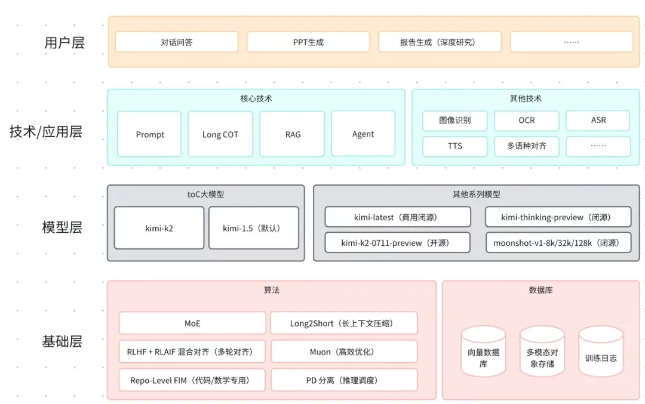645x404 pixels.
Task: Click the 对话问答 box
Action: pos(176,42)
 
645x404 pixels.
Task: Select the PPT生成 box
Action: pos(308,42)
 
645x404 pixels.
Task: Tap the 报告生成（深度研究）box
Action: pos(440,42)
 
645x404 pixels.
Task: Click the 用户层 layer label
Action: pos(64,43)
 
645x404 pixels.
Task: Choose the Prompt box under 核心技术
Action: pos(149,134)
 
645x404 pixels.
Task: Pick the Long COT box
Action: pos(220,134)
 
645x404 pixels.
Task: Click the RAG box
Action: pos(293,134)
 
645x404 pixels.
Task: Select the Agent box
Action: pos(363,134)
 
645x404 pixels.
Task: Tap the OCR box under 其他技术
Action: pos(526,121)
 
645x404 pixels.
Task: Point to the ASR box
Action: pos(598,121)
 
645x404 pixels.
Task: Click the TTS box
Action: pos(455,146)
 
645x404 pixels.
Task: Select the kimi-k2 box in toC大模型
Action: pos(159,228)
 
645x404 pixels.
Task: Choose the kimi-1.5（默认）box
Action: pos(253,228)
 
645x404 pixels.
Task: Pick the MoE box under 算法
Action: pos(192,323)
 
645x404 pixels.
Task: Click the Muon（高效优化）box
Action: pos(344,351)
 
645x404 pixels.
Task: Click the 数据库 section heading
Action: pos(540,290)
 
